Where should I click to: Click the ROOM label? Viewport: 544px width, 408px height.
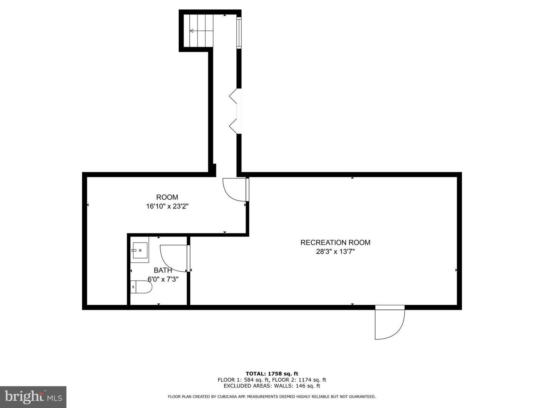tap(167, 197)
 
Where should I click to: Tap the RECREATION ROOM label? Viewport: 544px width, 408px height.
tap(335, 243)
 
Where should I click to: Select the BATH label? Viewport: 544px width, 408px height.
tap(163, 270)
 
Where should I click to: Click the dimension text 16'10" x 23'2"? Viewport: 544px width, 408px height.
tap(167, 207)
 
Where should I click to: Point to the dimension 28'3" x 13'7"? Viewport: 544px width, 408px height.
tap(335, 252)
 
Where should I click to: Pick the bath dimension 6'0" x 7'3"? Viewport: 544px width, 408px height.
tap(163, 280)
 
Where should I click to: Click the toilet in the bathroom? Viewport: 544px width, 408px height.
tap(141, 287)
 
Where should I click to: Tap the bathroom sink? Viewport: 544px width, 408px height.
tap(139, 250)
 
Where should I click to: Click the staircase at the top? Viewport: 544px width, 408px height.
tap(198, 31)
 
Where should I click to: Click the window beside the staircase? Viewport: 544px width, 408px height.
tap(239, 32)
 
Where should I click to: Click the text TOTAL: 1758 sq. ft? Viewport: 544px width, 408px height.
tap(272, 374)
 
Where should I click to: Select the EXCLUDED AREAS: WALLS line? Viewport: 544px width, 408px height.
tap(272, 386)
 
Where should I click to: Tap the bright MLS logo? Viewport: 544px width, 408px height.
tap(33, 397)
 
